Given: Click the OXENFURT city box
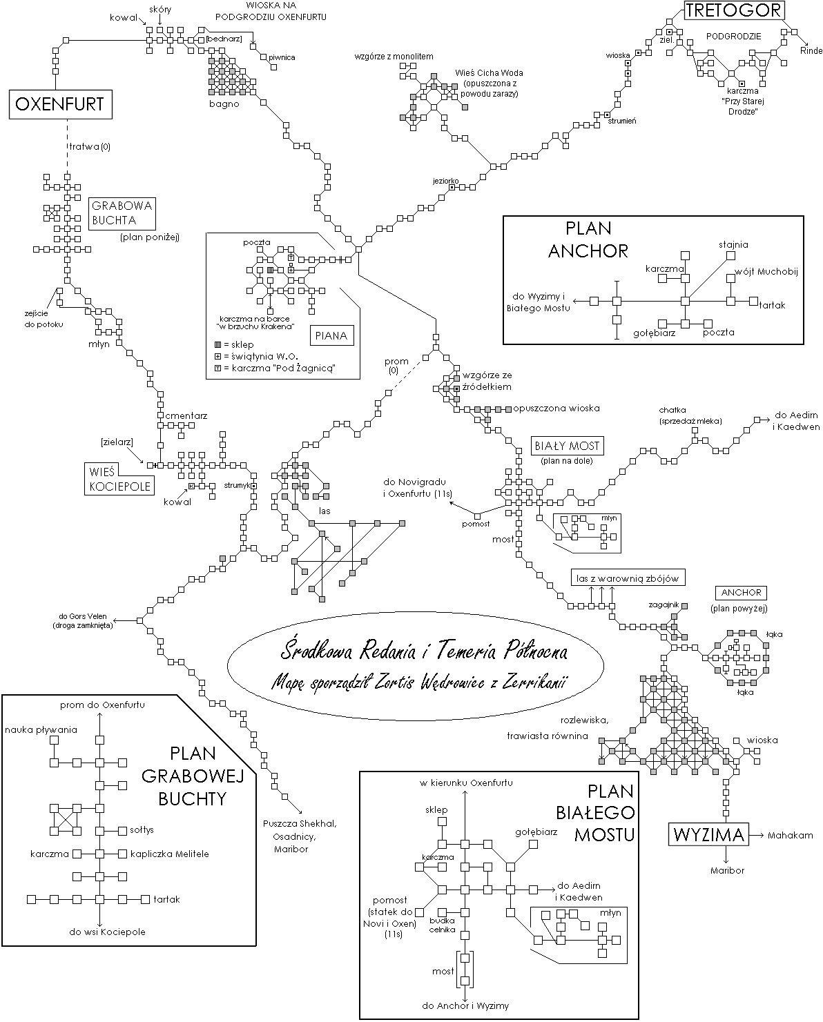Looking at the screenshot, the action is coord(60,104).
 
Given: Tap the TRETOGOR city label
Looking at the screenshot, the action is coord(734,10).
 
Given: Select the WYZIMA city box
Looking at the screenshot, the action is coord(708,834).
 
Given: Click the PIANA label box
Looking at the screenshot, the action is coord(331,336).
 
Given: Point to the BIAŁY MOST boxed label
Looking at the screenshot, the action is coord(567,446).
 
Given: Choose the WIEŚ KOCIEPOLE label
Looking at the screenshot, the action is coord(119,479).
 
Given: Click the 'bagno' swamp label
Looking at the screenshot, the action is coord(224,104).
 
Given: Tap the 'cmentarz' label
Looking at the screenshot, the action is coord(186,415).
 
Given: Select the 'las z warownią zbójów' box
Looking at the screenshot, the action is coord(628,578).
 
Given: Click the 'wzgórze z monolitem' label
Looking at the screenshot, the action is coord(394,57).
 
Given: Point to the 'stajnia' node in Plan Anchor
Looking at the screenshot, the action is coord(730,256).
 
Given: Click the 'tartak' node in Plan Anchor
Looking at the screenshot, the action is coord(754,301).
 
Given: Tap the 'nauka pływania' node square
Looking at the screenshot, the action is coord(54,740).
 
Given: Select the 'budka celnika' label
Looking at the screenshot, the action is coord(443,925).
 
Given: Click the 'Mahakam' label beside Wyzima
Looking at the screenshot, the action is coord(791,835).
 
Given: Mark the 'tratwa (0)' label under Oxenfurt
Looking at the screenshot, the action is coord(90,147).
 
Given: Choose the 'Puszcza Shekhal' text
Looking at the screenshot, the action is coord(300,824).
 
